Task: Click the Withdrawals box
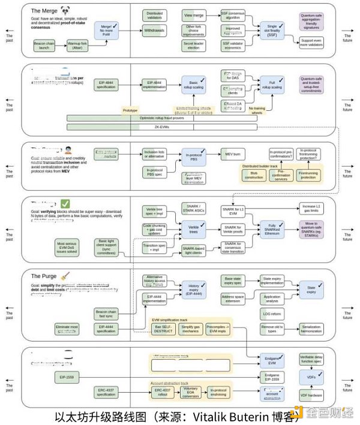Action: (x=155, y=30)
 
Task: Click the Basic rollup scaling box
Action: (x=194, y=85)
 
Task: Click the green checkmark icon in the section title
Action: (x=65, y=204)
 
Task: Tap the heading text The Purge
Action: (x=44, y=276)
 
